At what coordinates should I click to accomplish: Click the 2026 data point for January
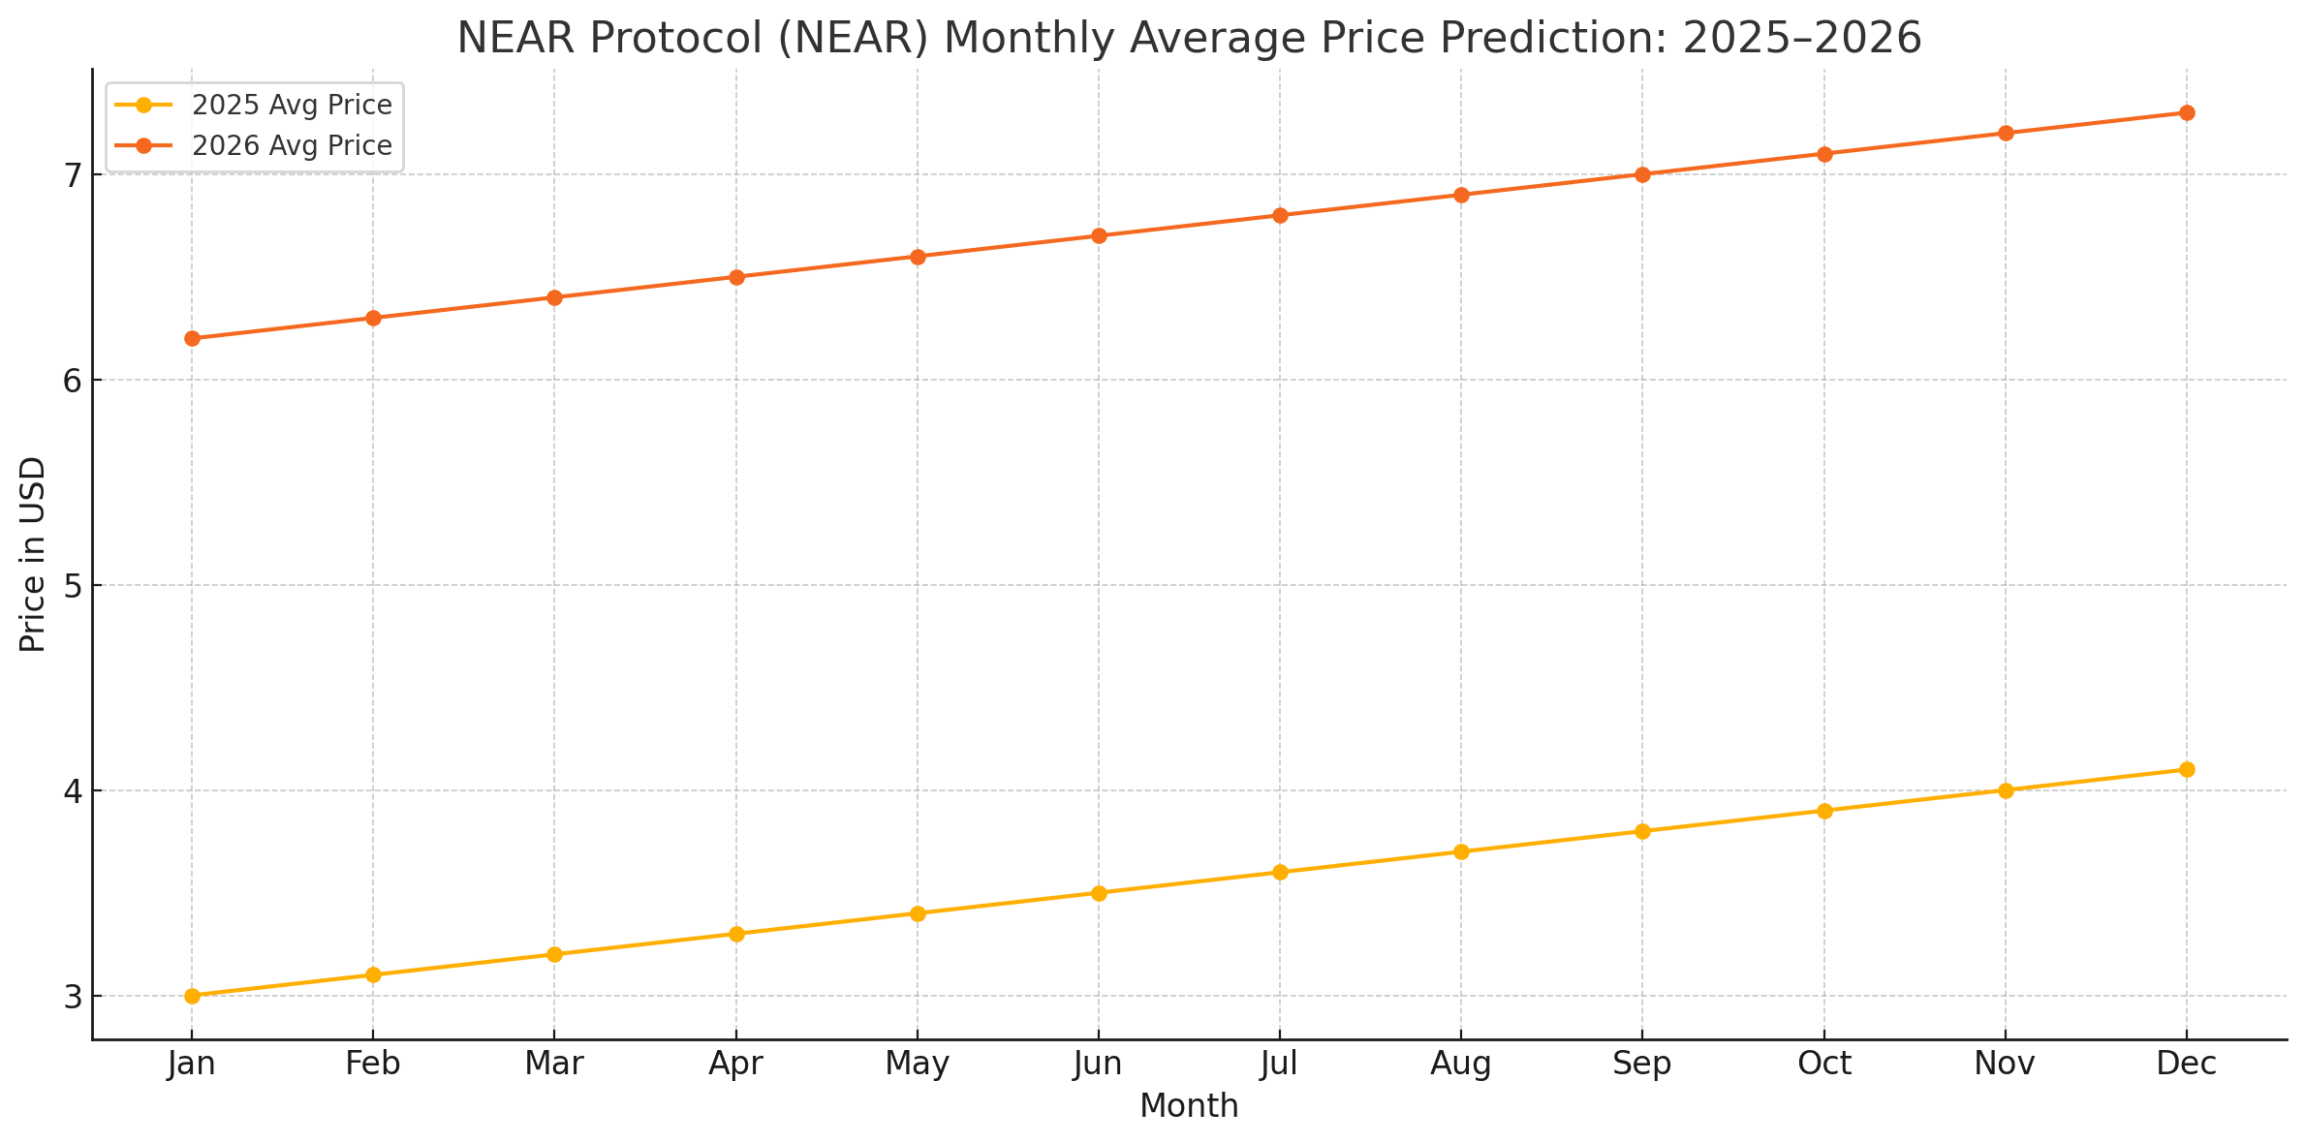tap(192, 338)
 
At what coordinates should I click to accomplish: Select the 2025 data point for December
tap(2187, 770)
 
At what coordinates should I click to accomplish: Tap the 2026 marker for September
tap(1642, 174)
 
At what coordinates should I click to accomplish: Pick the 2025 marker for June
tap(1099, 893)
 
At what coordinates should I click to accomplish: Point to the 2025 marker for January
tap(192, 996)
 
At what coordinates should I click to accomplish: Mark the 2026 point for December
tap(2187, 112)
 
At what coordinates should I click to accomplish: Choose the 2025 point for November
tap(2006, 790)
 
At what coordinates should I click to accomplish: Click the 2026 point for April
tap(736, 277)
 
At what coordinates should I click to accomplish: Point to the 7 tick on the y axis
tap(73, 175)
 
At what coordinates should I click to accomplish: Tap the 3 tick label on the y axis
tap(73, 997)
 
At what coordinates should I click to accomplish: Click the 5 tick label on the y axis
tap(73, 586)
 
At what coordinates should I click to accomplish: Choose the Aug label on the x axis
tap(1461, 1065)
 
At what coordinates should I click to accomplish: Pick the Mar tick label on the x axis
tap(554, 1065)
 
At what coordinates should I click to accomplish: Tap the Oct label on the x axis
tap(1824, 1065)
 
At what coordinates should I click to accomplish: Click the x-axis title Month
tap(1189, 1106)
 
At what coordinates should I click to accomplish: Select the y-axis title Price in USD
tap(33, 554)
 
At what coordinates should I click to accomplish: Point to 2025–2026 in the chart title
tap(1802, 39)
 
